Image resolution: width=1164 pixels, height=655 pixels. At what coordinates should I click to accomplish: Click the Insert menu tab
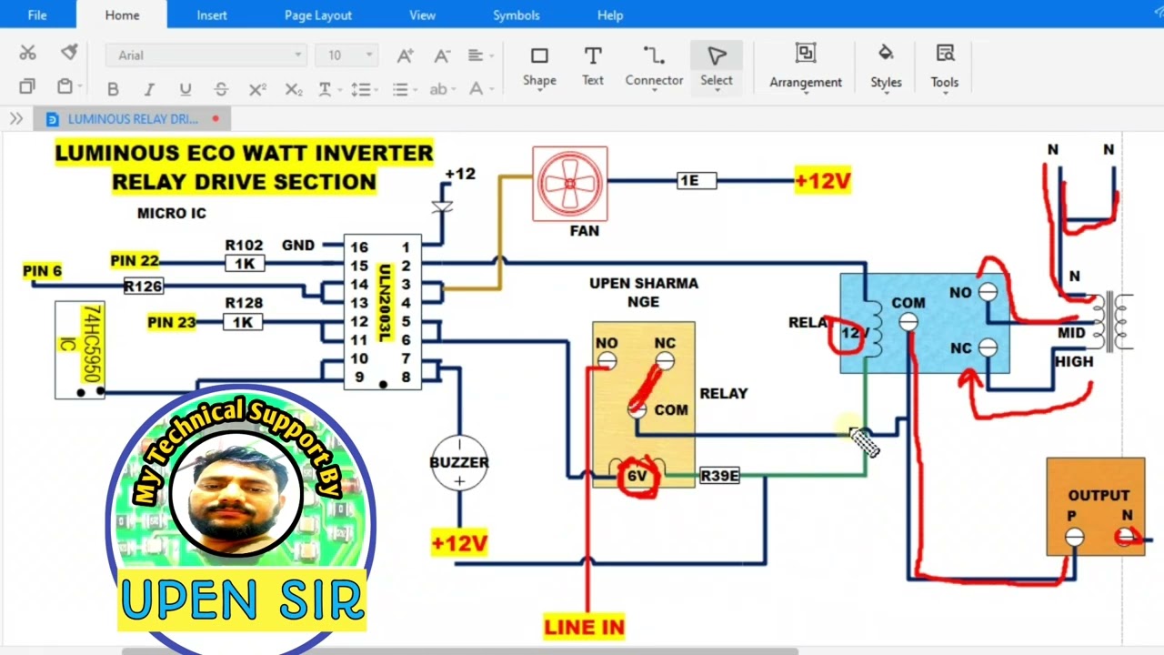(x=212, y=15)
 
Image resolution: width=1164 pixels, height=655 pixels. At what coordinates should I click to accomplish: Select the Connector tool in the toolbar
(x=654, y=65)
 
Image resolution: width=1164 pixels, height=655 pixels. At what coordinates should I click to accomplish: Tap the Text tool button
(x=593, y=65)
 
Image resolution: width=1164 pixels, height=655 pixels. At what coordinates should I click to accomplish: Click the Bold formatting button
(x=113, y=89)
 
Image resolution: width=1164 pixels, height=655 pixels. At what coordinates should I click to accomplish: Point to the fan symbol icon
(x=570, y=184)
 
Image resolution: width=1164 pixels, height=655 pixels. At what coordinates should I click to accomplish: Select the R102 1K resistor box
(x=244, y=264)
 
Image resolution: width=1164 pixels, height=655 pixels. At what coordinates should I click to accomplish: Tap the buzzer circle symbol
(x=459, y=462)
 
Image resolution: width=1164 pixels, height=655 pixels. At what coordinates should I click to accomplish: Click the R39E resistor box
(x=719, y=476)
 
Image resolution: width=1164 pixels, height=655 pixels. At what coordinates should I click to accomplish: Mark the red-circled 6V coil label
(x=637, y=477)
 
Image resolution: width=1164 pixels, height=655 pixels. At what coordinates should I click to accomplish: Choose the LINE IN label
(x=585, y=627)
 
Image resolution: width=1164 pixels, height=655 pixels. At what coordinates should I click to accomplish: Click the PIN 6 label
(x=43, y=271)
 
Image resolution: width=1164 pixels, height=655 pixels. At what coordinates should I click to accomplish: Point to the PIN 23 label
(x=172, y=322)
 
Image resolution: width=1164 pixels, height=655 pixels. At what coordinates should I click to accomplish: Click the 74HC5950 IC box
(x=80, y=349)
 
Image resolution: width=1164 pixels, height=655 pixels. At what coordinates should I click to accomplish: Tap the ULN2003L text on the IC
(x=384, y=303)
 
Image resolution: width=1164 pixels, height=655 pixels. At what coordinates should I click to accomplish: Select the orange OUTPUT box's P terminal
(x=1074, y=538)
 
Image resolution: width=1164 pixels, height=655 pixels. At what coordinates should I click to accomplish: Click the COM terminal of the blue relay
(x=908, y=321)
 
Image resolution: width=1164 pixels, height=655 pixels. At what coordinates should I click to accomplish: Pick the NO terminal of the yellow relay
(x=607, y=361)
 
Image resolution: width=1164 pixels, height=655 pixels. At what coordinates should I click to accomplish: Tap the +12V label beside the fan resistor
(x=822, y=181)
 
